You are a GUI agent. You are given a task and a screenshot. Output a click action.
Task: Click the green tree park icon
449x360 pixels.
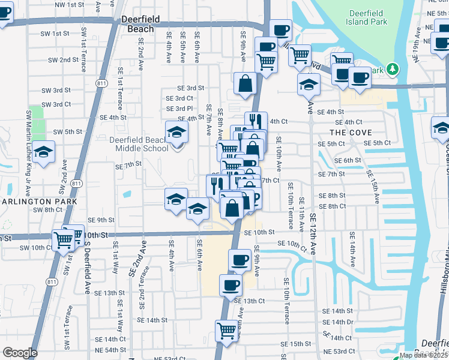(393, 70)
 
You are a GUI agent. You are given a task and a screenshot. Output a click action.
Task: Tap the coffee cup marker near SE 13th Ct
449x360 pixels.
(231, 286)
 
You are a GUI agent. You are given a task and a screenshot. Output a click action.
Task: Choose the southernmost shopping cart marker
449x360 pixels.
(226, 330)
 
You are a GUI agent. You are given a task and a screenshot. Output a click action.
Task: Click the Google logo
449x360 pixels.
(19, 353)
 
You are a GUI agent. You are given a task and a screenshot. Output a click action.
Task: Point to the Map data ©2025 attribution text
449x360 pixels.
(423, 355)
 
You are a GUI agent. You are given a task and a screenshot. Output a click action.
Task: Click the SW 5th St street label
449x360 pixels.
(67, 131)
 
